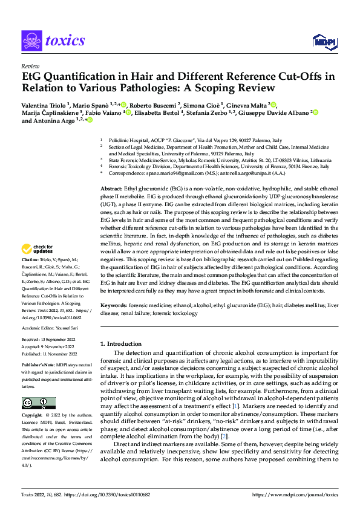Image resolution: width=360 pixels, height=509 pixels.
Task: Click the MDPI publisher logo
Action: coord(323,41)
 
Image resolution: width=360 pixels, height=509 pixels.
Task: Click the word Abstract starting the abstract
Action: coord(111,189)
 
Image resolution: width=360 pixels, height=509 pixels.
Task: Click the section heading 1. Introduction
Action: coord(123,344)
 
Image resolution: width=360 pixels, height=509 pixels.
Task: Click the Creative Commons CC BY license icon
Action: coord(38,403)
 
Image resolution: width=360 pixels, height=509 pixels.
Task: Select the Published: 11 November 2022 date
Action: coord(54,354)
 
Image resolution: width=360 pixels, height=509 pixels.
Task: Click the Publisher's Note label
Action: coord(38,366)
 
